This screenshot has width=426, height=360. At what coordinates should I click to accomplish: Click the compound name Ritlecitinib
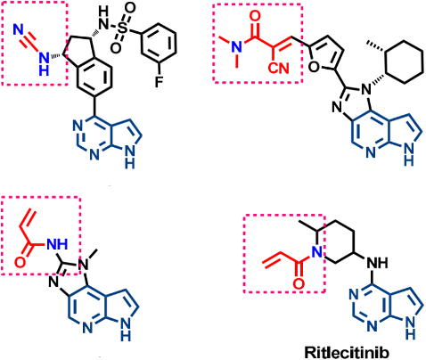pos(347,353)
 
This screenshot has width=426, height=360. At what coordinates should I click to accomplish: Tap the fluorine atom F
pos(160,81)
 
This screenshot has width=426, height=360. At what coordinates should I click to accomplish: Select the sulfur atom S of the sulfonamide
pos(123,29)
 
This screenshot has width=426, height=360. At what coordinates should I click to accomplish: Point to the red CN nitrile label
pos(278,69)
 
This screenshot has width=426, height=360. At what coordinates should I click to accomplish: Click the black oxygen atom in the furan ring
pos(315,68)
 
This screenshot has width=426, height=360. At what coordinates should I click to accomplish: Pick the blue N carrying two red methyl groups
pos(237,47)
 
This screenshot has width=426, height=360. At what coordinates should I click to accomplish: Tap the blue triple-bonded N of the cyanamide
pos(19,29)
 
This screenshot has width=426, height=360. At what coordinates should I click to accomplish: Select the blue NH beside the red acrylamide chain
pos(57,244)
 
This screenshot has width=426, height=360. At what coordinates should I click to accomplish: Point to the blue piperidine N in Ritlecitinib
pos(317,252)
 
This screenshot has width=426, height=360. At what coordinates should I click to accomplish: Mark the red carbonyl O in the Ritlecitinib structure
pos(299,283)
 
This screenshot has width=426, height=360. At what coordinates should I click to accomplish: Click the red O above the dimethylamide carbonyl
pos(255,16)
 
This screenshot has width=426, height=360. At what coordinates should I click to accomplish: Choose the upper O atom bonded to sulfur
pos(131,8)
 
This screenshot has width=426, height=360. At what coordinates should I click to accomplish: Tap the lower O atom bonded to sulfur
pos(117,47)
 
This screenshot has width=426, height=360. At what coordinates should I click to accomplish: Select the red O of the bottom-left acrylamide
pos(20,263)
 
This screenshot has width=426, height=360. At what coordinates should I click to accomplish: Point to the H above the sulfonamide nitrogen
pos(103,12)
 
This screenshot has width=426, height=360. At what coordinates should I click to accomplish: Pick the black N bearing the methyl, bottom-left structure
pos(86,265)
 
